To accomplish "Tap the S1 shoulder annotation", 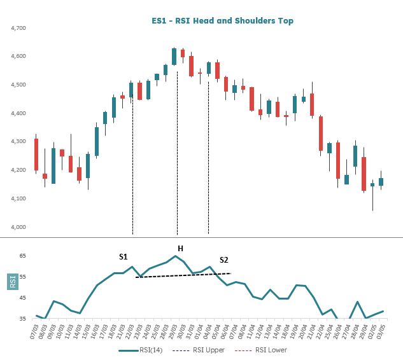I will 124,256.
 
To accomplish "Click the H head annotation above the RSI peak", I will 180,247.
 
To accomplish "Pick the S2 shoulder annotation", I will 223,260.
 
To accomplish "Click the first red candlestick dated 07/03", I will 36,155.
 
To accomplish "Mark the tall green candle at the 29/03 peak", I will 174,57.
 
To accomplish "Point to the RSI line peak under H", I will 176,256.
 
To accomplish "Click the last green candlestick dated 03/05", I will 381,182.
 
